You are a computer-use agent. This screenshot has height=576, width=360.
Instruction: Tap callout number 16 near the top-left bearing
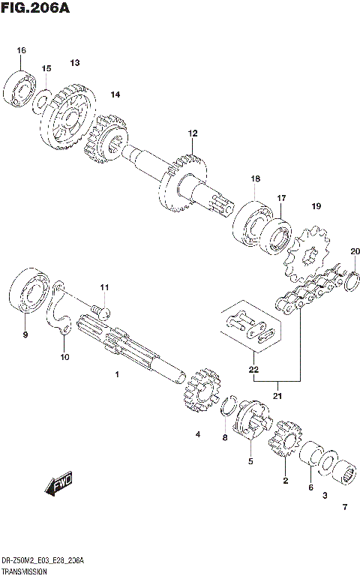click(21, 50)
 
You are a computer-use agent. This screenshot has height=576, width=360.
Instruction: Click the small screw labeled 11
click(100, 309)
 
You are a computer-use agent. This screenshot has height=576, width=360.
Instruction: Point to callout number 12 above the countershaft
click(192, 133)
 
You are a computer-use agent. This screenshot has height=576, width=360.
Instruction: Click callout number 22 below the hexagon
click(253, 369)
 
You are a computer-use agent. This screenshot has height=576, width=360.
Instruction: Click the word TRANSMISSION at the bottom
click(25, 570)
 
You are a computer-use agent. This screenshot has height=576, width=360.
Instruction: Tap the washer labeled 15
click(43, 97)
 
